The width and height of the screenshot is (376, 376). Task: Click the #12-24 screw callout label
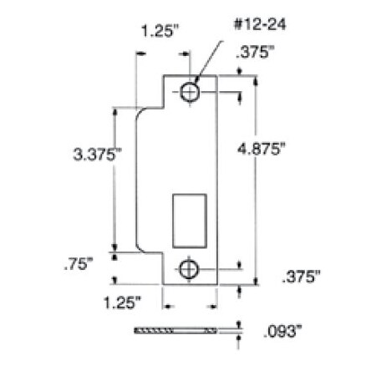[260, 24]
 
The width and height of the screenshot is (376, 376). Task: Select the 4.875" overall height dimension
[262, 149]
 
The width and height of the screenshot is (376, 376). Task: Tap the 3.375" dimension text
[97, 154]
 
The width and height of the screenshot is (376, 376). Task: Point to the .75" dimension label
[78, 263]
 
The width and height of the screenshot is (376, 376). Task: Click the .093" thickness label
[282, 331]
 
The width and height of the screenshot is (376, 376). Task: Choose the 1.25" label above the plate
[160, 31]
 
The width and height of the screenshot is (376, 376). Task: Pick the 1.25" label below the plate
[122, 302]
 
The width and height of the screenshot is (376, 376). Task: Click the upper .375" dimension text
[255, 52]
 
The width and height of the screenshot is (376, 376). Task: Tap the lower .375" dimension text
[301, 277]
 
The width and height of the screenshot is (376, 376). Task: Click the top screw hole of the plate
[190, 92]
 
